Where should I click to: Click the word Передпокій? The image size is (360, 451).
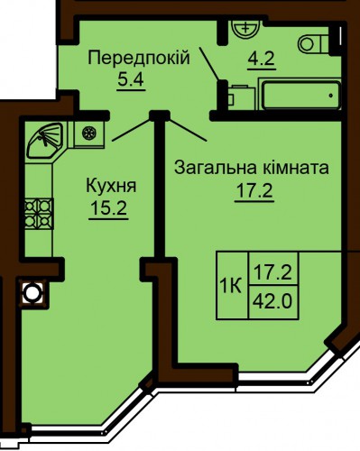coord(139,58)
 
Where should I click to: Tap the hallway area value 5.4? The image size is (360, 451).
coord(131,80)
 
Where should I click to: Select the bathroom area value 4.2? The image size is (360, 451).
coord(262,59)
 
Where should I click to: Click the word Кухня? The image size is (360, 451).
coord(111,186)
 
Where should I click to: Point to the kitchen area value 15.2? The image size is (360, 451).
coord(108,208)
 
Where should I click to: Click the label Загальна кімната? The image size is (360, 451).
coord(252,168)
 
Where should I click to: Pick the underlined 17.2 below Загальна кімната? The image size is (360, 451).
coord(254,190)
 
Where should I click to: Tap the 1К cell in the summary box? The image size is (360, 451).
coord(231,286)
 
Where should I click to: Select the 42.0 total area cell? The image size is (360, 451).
coord(273,301)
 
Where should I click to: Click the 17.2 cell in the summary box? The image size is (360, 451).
coord(273,269)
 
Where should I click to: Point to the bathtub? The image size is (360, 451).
coord(301,95)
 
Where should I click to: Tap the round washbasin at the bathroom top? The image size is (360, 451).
coord(245,29)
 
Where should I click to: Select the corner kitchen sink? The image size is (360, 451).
coord(45,140)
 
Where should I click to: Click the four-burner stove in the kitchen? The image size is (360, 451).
coord(39,214)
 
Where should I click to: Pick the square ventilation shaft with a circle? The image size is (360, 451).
coord(32,293)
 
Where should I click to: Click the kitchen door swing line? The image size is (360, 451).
coord(132,130)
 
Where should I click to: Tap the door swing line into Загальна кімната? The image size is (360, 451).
coord(188,130)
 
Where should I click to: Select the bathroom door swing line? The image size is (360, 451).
coord(209,63)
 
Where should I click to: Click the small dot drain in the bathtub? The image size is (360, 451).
coord(331,96)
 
